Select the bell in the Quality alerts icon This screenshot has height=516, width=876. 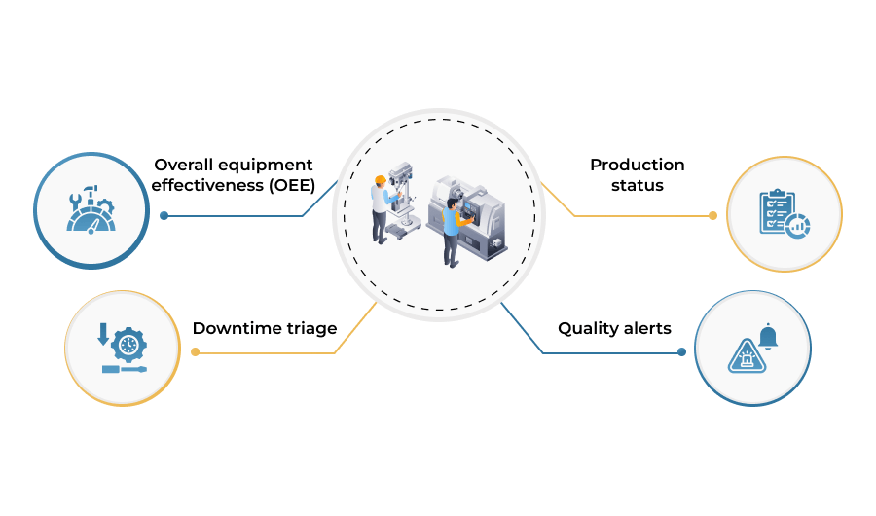(x=768, y=337)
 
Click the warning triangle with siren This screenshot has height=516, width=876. (x=747, y=356)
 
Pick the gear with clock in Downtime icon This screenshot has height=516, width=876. (x=128, y=345)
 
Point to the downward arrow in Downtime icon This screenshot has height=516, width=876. (x=103, y=334)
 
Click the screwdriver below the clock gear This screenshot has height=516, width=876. (x=124, y=369)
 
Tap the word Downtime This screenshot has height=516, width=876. (x=233, y=328)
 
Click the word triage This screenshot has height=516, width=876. (x=308, y=329)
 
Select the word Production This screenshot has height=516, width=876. (x=638, y=165)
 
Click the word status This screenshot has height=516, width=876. (x=638, y=186)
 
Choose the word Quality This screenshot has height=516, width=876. (x=586, y=329)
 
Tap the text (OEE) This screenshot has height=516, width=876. (x=292, y=185)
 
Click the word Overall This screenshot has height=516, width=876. (x=184, y=165)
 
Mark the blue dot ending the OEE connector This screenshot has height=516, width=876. (x=164, y=216)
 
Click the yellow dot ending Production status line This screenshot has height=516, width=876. (x=712, y=216)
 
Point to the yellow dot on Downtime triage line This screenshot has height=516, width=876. (x=195, y=351)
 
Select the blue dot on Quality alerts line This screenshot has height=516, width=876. (x=681, y=352)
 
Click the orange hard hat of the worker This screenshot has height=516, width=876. (x=381, y=180)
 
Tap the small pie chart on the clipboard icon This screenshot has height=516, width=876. (x=798, y=226)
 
